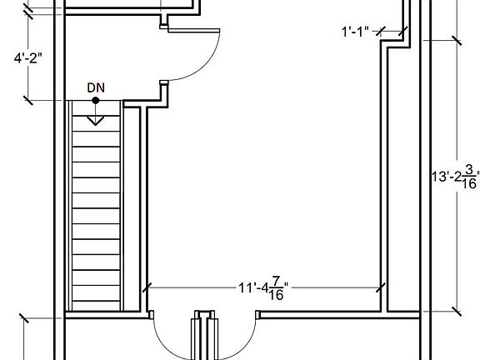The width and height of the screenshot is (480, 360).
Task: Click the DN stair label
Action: point(96,87)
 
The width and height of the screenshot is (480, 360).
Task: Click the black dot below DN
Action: point(96,100)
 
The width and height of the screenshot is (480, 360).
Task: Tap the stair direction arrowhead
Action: point(96,121)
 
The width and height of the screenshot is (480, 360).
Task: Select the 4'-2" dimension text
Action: point(27,57)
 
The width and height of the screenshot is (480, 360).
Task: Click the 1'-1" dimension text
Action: point(355,32)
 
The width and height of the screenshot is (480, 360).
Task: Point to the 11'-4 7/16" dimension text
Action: point(263,288)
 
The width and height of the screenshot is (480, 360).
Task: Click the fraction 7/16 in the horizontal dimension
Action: point(276,288)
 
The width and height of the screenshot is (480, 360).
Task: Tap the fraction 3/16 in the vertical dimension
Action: point(469,177)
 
